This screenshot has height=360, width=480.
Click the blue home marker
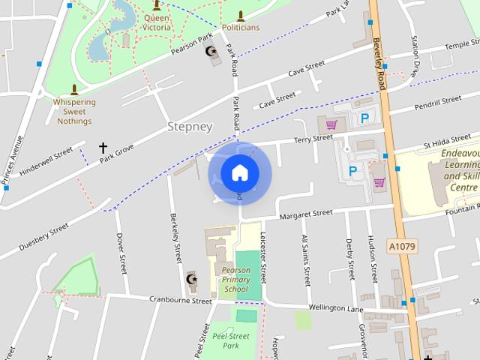pos(239,172)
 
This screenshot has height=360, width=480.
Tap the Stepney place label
pos(190,127)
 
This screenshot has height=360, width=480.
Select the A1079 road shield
pos(402,245)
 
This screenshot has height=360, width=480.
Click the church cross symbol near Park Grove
pos(103,148)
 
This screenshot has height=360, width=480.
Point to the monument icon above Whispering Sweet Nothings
pos(73,89)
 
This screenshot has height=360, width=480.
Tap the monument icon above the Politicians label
pos(241,16)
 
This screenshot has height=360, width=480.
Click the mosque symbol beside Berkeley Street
pos(190,280)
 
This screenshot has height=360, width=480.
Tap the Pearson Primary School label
pos(235,279)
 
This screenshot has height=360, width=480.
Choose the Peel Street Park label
pos(230,341)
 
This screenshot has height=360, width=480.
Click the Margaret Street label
pos(306,214)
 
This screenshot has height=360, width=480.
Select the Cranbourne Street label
pos(181,300)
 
